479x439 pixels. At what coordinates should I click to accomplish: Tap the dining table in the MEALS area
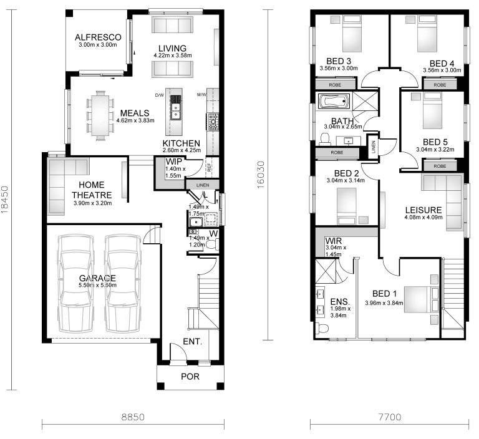pos(100,114)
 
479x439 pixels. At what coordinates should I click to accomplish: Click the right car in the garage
pos(120,284)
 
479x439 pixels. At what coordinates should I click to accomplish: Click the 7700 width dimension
pos(388,416)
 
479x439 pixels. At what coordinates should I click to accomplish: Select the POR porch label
pos(190,376)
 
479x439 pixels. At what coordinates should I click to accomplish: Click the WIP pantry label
pos(173,162)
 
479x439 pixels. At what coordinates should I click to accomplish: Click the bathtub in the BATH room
pos(335,101)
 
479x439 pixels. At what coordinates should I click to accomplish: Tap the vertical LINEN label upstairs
pos(372,146)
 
